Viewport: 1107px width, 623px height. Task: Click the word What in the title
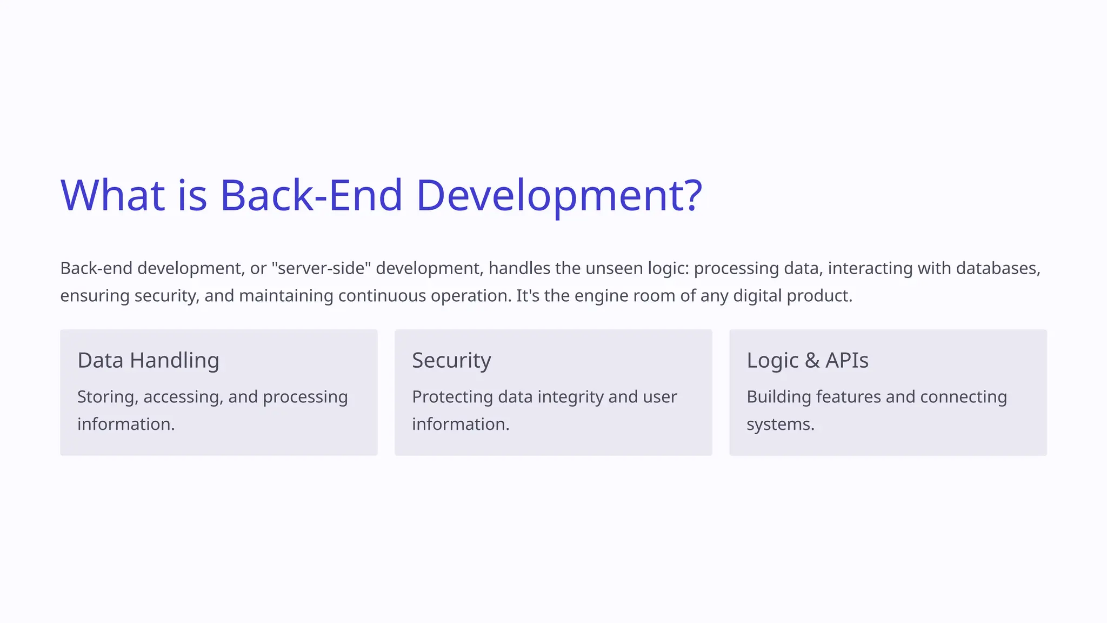point(112,195)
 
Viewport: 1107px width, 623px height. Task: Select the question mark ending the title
point(692,195)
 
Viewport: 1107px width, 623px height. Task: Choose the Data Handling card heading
point(148,361)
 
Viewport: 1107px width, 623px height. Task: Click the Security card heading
point(451,361)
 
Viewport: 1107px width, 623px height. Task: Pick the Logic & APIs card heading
point(807,361)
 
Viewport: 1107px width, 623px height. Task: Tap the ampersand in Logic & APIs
point(812,361)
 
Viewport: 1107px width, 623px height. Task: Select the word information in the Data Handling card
point(126,425)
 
